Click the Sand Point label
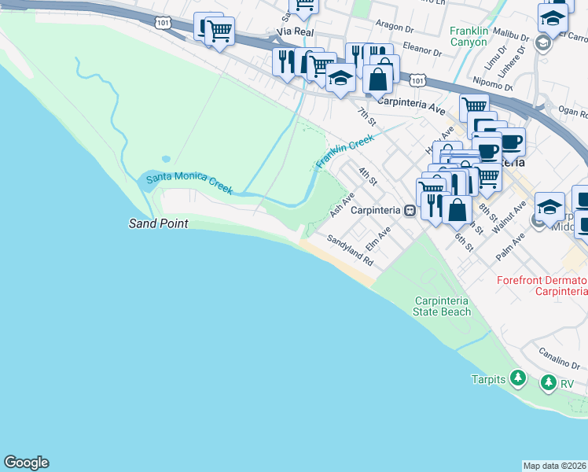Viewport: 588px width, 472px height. tap(158, 223)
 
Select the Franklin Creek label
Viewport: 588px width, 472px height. tap(344, 152)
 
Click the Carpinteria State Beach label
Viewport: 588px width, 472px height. tap(442, 306)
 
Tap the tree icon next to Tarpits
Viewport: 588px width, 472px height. tap(517, 378)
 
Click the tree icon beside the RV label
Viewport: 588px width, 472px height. tap(548, 383)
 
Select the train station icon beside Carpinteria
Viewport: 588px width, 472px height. tap(410, 211)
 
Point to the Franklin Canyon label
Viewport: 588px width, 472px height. tap(469, 36)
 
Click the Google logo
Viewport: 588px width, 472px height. tap(26, 463)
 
